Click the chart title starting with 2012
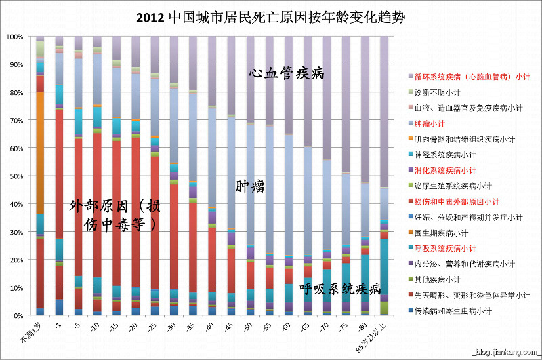click(x=271, y=17)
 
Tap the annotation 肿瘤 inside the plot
click(x=249, y=185)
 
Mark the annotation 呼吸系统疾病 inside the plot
click(x=341, y=289)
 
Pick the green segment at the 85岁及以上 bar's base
click(x=384, y=308)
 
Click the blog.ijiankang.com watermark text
click(x=505, y=351)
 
